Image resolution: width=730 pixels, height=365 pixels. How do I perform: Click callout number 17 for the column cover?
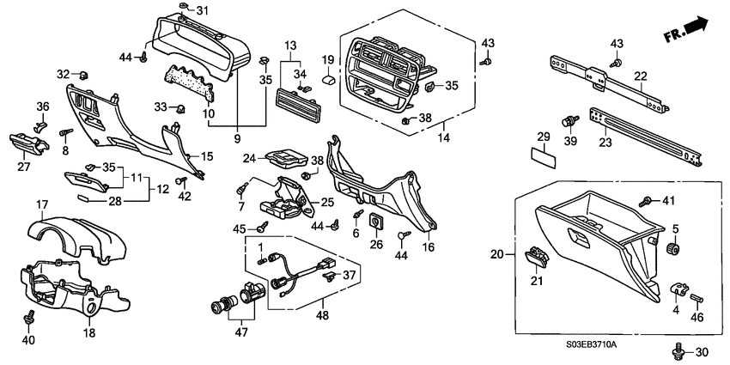click(40, 204)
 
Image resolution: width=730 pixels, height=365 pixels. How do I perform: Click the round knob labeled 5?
click(674, 249)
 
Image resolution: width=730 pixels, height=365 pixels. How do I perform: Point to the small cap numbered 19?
click(328, 78)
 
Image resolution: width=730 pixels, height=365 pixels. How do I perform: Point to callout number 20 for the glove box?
click(495, 254)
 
